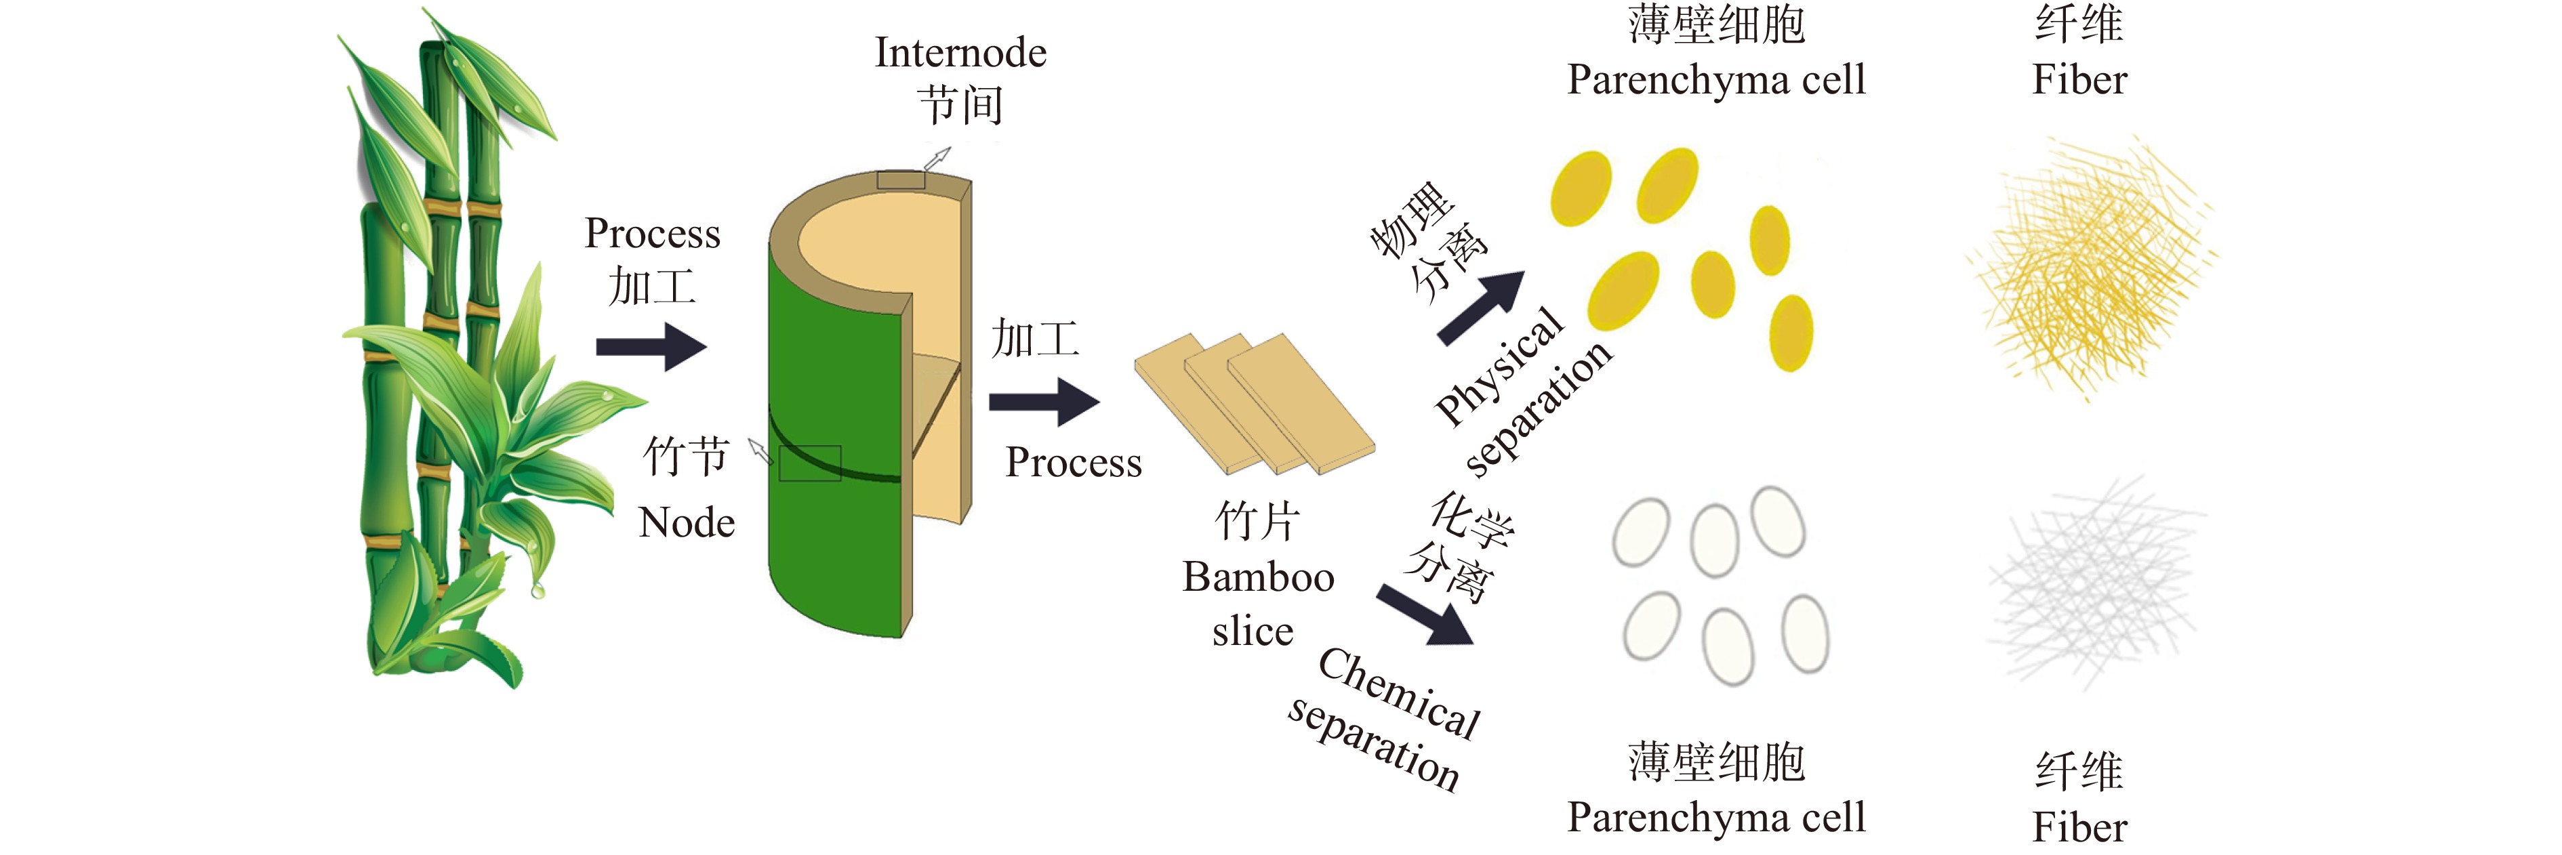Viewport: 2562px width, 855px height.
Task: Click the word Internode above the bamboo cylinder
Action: pos(960,53)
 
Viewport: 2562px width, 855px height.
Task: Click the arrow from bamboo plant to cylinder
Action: pos(651,347)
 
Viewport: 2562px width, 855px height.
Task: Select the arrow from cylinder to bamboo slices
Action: pos(1043,402)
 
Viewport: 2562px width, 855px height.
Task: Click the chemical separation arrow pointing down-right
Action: pos(1424,615)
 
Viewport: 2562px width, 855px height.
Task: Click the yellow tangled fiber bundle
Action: pos(2089,268)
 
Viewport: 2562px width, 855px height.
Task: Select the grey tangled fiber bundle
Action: pos(2094,581)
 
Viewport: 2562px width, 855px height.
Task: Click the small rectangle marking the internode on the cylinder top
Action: pos(900,180)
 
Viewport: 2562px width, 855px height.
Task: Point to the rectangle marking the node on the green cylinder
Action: pos(809,463)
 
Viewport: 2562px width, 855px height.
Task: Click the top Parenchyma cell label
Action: pos(1715,79)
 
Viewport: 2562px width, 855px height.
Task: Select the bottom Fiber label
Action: pos(2079,826)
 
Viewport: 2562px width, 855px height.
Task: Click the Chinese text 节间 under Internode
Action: pos(960,106)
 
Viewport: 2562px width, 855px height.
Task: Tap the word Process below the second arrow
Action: pos(1073,462)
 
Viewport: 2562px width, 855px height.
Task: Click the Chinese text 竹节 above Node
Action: pos(686,457)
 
